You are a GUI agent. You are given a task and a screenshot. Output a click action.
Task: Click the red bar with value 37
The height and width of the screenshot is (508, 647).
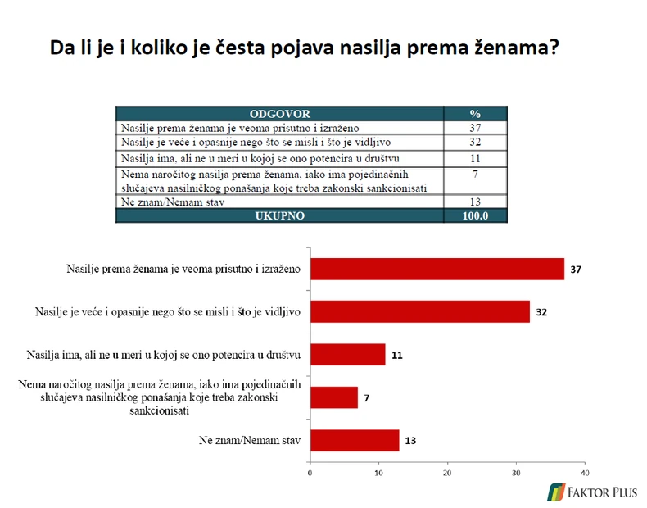point(437,269)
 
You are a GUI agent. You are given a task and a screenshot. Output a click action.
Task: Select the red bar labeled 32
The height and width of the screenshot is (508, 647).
point(419,312)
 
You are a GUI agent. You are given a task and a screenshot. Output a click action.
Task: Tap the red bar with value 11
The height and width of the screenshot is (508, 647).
point(347,355)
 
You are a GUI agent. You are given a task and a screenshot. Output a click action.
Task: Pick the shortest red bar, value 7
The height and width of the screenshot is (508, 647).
point(333,397)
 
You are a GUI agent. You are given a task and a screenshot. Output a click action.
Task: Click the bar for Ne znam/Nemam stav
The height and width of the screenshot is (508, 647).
point(354,440)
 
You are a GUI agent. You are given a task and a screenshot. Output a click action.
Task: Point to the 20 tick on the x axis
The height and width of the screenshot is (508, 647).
point(447,473)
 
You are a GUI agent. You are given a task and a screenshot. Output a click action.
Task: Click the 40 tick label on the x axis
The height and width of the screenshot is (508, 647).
point(584,473)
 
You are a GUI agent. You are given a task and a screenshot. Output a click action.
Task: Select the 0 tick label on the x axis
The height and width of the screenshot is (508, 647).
point(310,473)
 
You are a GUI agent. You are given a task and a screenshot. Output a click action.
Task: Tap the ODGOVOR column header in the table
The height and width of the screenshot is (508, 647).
point(279,114)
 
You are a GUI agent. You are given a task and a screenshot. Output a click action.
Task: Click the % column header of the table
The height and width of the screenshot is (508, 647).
point(475,114)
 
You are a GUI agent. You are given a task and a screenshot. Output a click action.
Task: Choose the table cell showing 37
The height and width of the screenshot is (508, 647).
point(475,128)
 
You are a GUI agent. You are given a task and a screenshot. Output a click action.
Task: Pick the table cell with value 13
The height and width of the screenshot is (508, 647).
point(475,202)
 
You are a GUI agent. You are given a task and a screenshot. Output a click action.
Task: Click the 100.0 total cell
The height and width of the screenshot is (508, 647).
point(475,215)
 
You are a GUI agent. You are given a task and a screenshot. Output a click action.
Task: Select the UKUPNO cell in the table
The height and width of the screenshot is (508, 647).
point(279,215)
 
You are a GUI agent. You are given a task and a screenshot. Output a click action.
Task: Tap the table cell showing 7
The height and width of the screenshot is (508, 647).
point(475,174)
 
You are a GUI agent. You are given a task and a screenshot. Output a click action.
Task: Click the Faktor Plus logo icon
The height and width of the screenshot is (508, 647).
point(557,492)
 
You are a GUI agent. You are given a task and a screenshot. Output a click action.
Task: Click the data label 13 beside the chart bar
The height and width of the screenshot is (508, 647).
point(409,441)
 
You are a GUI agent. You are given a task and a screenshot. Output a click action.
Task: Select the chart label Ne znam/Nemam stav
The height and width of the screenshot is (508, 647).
point(250,441)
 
